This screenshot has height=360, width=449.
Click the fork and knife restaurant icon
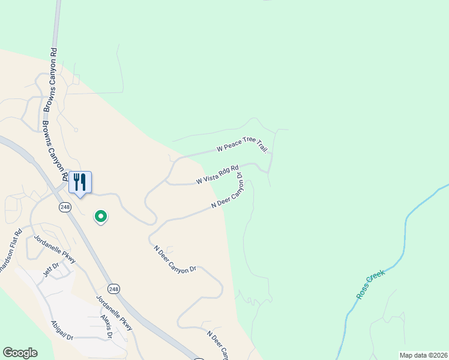(x=80, y=182)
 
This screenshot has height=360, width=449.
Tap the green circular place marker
(x=101, y=216)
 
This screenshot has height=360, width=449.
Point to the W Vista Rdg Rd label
(x=217, y=175)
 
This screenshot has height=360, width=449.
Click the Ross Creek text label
(x=370, y=284)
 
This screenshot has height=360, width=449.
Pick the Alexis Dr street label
(x=107, y=326)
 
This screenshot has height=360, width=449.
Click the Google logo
(x=20, y=353)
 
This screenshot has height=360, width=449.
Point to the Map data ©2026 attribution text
(x=423, y=355)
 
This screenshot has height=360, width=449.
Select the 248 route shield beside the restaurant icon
(x=65, y=207)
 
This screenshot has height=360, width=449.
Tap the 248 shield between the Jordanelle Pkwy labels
(x=115, y=289)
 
